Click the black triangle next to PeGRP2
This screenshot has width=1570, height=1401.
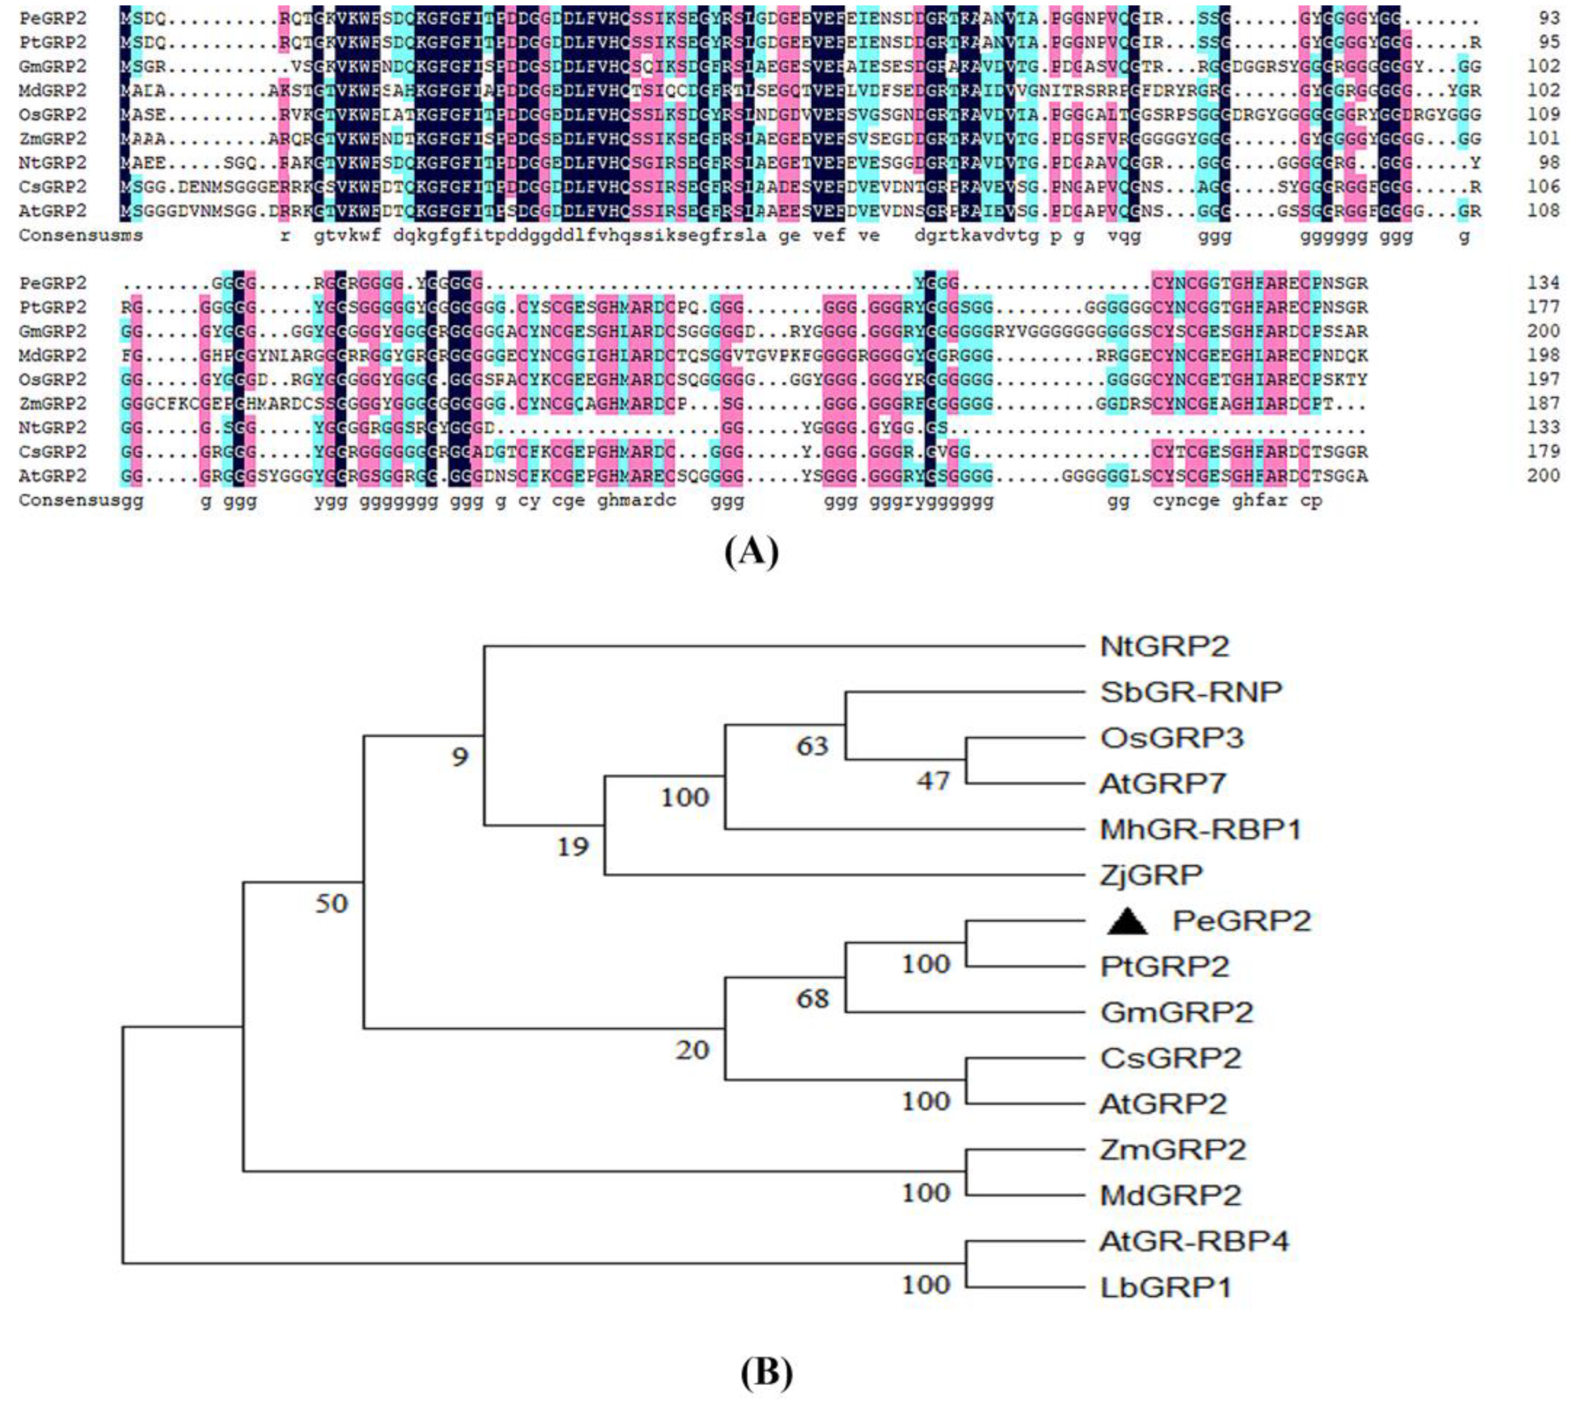click(1127, 921)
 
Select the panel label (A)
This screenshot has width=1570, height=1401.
click(751, 552)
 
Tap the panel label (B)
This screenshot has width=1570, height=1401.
click(766, 1373)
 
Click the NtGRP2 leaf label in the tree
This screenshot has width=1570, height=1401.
click(1164, 646)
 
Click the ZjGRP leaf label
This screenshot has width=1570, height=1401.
click(1152, 875)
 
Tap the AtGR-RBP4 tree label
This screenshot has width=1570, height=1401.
click(1193, 1241)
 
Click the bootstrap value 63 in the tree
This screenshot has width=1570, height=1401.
click(812, 746)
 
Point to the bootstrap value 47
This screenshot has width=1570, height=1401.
click(933, 781)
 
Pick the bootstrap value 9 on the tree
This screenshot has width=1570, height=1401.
click(460, 757)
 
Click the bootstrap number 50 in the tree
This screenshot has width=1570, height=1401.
click(332, 903)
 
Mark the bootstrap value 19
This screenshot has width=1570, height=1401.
click(573, 847)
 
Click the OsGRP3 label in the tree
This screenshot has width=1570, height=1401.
click(1172, 738)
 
